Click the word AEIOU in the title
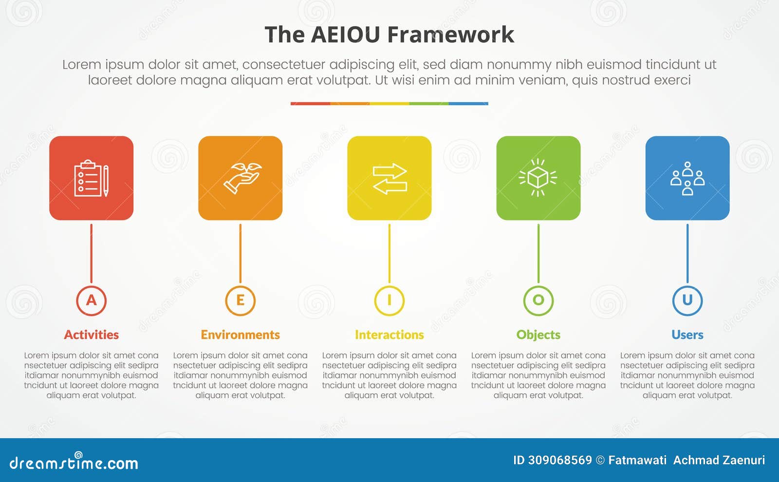(x=345, y=35)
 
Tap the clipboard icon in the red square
(x=91, y=179)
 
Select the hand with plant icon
(x=241, y=178)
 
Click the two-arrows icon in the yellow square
(x=389, y=179)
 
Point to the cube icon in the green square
(x=538, y=178)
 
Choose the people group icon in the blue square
(x=687, y=179)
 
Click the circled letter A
(x=91, y=300)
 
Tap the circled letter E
(x=240, y=300)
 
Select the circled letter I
(x=389, y=300)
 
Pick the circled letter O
(x=538, y=300)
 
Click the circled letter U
(x=687, y=300)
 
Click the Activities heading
(x=91, y=335)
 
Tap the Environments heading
(x=240, y=335)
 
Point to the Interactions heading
(x=389, y=335)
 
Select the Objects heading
(x=538, y=335)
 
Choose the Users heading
(x=687, y=335)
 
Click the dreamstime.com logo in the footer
(x=74, y=463)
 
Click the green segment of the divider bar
(x=428, y=104)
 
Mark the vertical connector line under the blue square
(x=687, y=253)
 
